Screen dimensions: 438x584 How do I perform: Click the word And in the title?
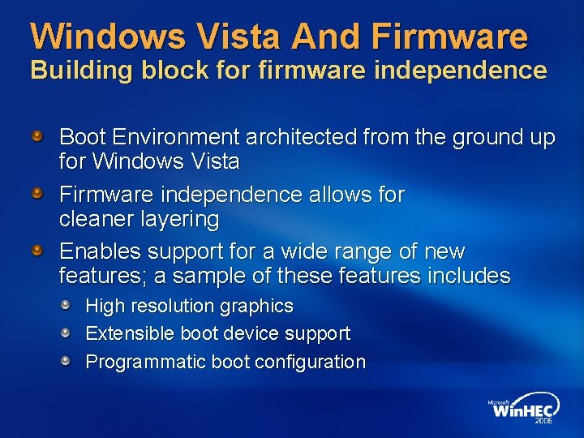tap(324, 36)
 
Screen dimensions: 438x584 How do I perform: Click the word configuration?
tap(310, 362)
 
